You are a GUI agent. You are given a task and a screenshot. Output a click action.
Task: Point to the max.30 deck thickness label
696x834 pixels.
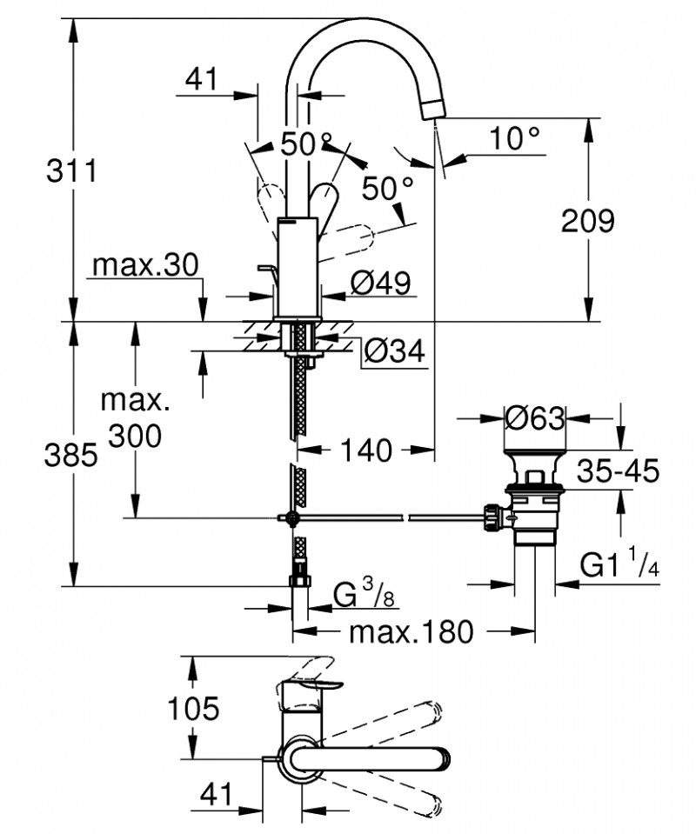146,264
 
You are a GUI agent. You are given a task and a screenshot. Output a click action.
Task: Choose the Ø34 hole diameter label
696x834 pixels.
393,350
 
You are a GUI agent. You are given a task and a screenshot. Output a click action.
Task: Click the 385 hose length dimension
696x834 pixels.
69,455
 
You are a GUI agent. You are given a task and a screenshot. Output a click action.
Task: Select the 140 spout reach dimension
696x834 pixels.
365,450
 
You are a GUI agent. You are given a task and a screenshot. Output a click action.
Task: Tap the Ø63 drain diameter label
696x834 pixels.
535,418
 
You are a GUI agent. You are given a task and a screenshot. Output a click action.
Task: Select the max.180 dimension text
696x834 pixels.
411,631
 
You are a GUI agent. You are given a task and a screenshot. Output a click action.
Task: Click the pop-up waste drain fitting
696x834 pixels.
531,504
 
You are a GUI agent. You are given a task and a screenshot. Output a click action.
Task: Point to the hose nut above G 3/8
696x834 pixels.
300,578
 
